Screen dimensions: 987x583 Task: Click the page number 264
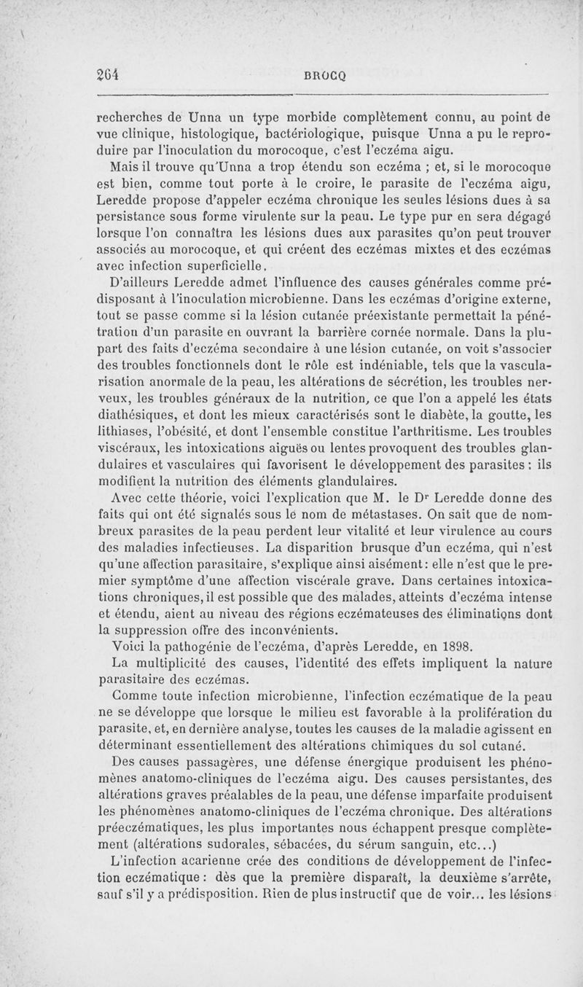[x=108, y=73]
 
